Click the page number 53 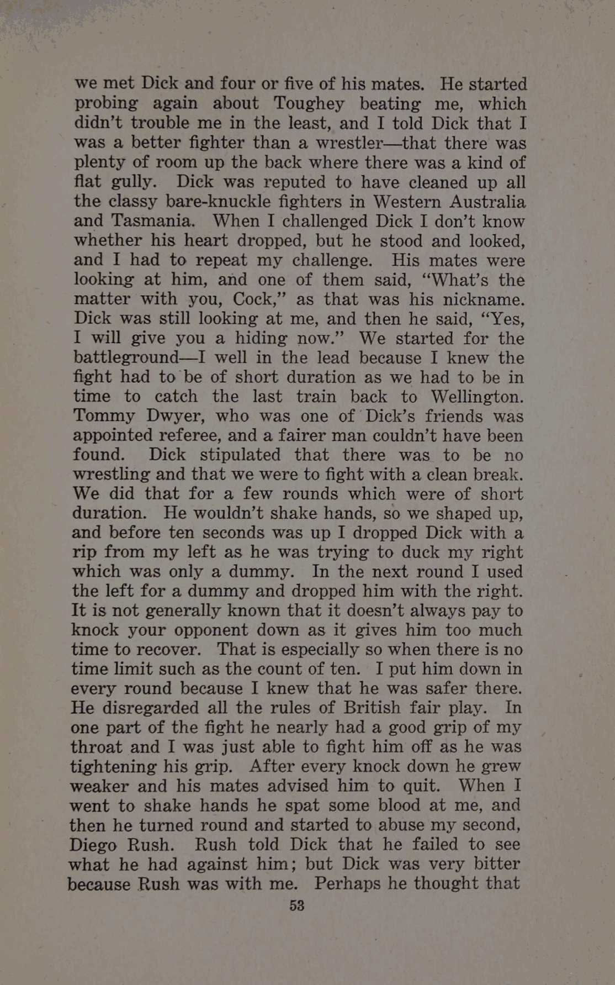click(297, 905)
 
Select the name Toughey click(309, 103)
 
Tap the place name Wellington click(476, 397)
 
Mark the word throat click(97, 747)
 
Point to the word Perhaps click(347, 883)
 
